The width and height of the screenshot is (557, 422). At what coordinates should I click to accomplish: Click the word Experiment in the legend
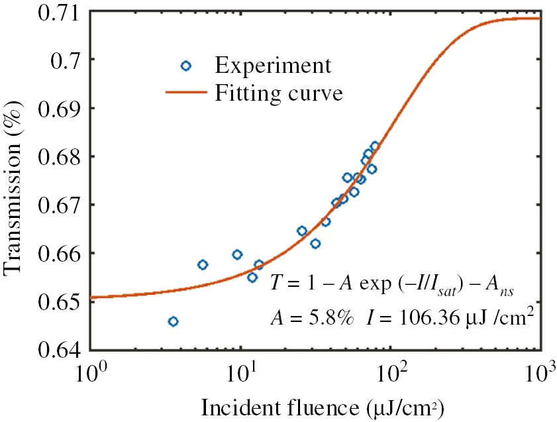(x=273, y=66)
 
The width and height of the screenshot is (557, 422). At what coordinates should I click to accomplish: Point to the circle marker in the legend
(x=186, y=66)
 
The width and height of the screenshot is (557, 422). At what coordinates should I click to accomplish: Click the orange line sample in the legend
(x=186, y=93)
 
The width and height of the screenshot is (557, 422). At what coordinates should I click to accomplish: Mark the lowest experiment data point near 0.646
(x=173, y=321)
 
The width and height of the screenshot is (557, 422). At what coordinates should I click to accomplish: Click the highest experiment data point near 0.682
(x=374, y=146)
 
